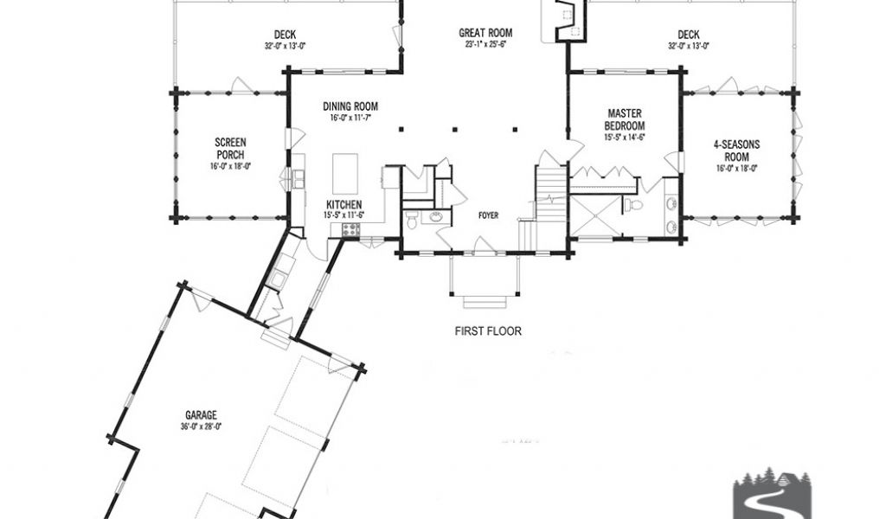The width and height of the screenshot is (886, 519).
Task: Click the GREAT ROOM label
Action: (x=485, y=34)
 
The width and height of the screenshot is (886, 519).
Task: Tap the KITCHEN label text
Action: (x=344, y=205)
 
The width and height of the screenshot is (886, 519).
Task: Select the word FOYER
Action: (x=488, y=215)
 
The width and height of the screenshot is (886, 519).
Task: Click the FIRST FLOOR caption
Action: (x=488, y=331)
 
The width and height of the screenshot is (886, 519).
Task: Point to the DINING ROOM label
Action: (x=350, y=106)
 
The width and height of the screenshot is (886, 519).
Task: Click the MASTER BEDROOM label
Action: (x=625, y=119)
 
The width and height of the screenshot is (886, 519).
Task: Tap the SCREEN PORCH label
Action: (x=230, y=149)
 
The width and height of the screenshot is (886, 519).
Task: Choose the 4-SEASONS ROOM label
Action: (x=737, y=151)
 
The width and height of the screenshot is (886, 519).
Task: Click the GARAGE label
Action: (x=201, y=416)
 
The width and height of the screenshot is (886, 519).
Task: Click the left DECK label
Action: (x=286, y=35)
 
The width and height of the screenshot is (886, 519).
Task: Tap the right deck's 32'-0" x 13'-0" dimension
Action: (x=688, y=47)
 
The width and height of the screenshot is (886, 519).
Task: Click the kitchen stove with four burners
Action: (x=351, y=229)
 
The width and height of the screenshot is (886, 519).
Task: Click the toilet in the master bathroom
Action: (x=632, y=204)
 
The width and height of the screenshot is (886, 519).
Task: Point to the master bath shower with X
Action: (x=595, y=215)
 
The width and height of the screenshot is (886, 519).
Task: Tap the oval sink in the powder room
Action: (x=436, y=216)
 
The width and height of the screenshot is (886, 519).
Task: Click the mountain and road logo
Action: (x=772, y=492)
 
